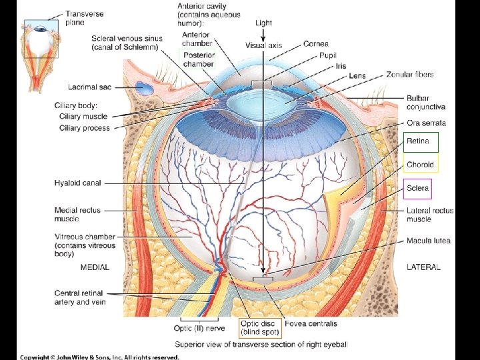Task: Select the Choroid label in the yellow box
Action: [x=420, y=164]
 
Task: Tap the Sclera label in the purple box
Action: [x=418, y=188]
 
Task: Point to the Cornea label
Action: [x=315, y=44]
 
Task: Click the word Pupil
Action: [x=328, y=55]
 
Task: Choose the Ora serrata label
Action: [x=426, y=123]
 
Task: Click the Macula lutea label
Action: [x=428, y=241]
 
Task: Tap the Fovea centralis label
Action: [x=311, y=324]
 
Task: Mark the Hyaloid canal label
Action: [x=78, y=183]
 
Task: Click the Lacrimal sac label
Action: [x=89, y=87]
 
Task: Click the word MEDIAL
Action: [x=95, y=267]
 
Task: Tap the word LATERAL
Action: [x=423, y=267]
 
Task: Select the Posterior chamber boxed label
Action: [x=198, y=59]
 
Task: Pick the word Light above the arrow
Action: [x=264, y=23]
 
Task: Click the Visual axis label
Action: [x=263, y=46]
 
